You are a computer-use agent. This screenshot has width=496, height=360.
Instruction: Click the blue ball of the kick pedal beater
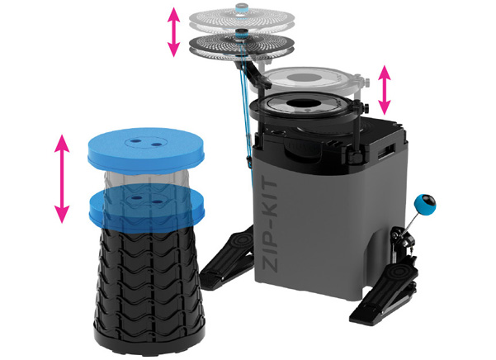pyautogui.click(x=425, y=205)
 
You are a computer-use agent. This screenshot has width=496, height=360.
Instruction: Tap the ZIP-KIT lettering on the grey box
pyautogui.click(x=270, y=227)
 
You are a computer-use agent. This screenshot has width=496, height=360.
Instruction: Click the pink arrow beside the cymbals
pyautogui.click(x=173, y=32)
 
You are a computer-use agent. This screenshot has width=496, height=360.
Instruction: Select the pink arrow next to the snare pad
pyautogui.click(x=385, y=90)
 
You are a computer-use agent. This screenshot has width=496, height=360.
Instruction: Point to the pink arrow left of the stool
pyautogui.click(x=62, y=179)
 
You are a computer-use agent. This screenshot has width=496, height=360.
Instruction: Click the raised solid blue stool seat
pyautogui.click(x=146, y=150)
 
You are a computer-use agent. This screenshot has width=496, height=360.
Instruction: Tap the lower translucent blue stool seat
pyautogui.click(x=147, y=209)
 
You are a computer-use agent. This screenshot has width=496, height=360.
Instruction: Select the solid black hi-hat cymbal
pyautogui.click(x=242, y=47)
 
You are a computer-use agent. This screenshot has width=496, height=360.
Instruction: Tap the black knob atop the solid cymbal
pyautogui.click(x=243, y=32)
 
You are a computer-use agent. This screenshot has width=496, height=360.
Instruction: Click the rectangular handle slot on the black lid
pyautogui.click(x=386, y=151)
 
